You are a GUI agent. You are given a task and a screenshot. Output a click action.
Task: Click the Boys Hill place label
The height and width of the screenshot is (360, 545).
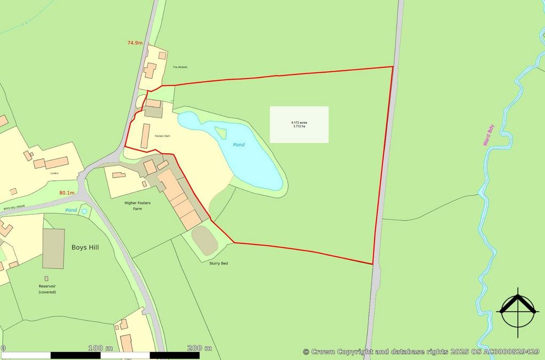[x=85, y=247]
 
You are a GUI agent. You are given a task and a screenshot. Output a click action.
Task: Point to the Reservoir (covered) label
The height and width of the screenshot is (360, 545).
[x=47, y=289]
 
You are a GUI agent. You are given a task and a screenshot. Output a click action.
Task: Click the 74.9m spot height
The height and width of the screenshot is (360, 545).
[x=135, y=43]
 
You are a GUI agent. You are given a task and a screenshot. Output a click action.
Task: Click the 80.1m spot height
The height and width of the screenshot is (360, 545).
[x=67, y=192]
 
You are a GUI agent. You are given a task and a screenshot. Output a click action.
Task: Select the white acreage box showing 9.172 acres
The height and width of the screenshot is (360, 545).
[x=299, y=124]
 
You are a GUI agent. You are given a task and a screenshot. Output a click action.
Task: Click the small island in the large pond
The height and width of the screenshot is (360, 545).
[x=220, y=132]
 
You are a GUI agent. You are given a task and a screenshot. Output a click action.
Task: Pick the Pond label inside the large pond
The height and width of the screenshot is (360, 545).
[x=239, y=145]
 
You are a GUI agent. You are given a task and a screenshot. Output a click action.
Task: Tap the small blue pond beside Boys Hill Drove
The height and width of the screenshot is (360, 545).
[x=84, y=211]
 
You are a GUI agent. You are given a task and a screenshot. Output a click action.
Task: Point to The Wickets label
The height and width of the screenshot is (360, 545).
[x=180, y=67]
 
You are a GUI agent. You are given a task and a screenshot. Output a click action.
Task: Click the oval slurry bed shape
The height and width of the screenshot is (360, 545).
[x=204, y=240]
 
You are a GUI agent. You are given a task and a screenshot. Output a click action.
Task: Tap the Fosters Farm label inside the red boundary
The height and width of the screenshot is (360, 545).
[x=162, y=137]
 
